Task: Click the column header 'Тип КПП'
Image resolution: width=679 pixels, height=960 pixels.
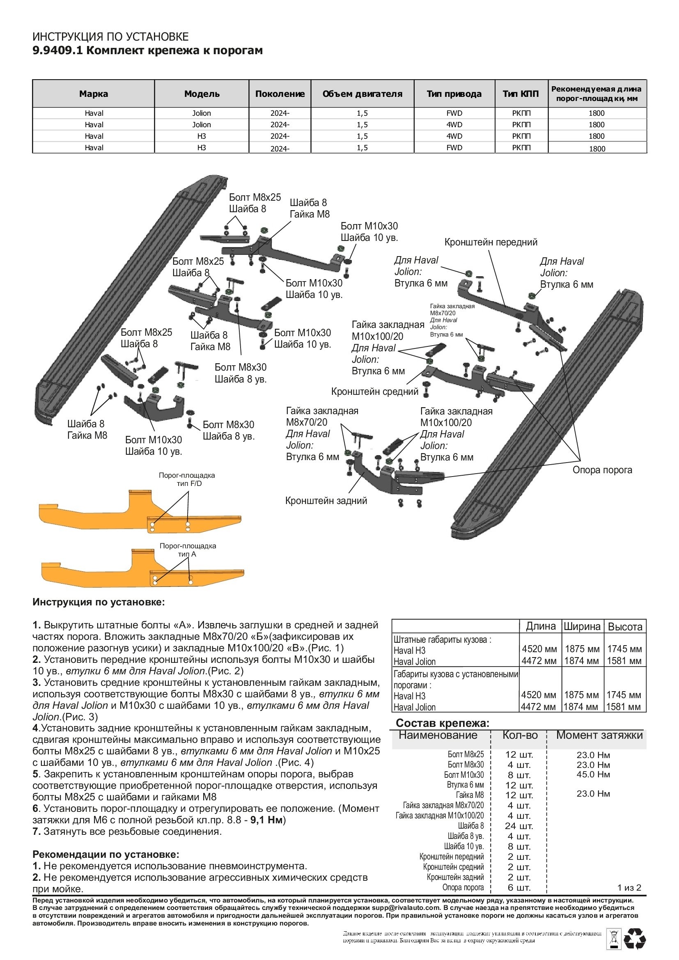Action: [521, 94]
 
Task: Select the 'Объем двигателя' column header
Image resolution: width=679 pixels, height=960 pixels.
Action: [362, 94]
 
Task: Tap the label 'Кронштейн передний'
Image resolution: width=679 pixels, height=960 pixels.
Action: [491, 242]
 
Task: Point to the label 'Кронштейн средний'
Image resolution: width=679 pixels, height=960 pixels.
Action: [374, 392]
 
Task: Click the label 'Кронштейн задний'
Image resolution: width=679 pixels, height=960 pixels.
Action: [326, 500]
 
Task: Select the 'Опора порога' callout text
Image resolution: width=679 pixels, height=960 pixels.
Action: [602, 470]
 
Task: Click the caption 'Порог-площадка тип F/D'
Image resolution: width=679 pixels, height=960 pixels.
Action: [187, 479]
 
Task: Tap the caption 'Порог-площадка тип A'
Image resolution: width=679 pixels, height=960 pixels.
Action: [188, 550]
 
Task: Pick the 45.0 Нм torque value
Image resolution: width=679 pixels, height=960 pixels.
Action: [593, 774]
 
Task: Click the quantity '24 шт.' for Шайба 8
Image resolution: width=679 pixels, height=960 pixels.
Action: [518, 826]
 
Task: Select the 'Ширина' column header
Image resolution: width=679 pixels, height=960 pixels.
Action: [582, 626]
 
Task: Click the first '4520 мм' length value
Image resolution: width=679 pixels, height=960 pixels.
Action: [539, 649]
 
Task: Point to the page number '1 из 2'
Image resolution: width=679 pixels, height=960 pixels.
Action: [629, 887]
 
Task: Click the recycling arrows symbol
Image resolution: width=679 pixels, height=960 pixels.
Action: [634, 939]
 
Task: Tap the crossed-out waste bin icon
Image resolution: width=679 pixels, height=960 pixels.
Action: [613, 938]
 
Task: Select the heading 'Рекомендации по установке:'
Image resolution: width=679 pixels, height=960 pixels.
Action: [106, 854]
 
